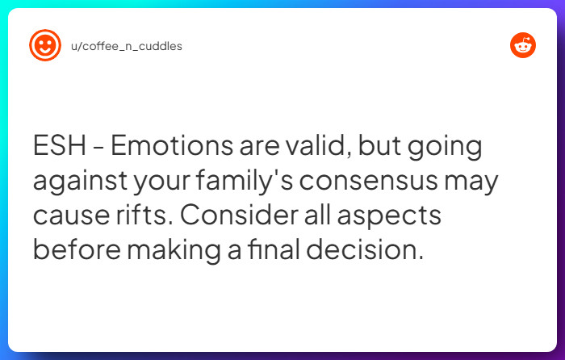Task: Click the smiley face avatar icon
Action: [45, 46]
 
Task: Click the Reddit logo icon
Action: [523, 46]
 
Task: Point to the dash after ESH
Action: [98, 149]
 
